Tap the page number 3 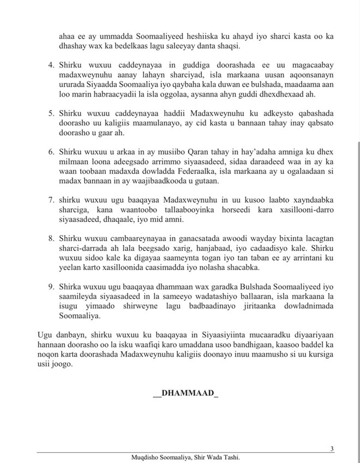(x=332, y=448)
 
